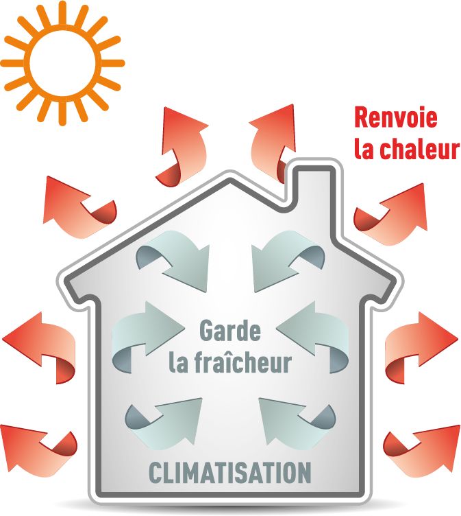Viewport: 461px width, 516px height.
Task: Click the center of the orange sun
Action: pyautogui.click(x=62, y=63)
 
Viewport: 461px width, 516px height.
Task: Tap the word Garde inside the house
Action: pyautogui.click(x=229, y=331)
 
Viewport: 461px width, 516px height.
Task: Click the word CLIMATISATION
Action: pyautogui.click(x=230, y=473)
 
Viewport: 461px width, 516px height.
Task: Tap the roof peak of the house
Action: pyautogui.click(x=230, y=174)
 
